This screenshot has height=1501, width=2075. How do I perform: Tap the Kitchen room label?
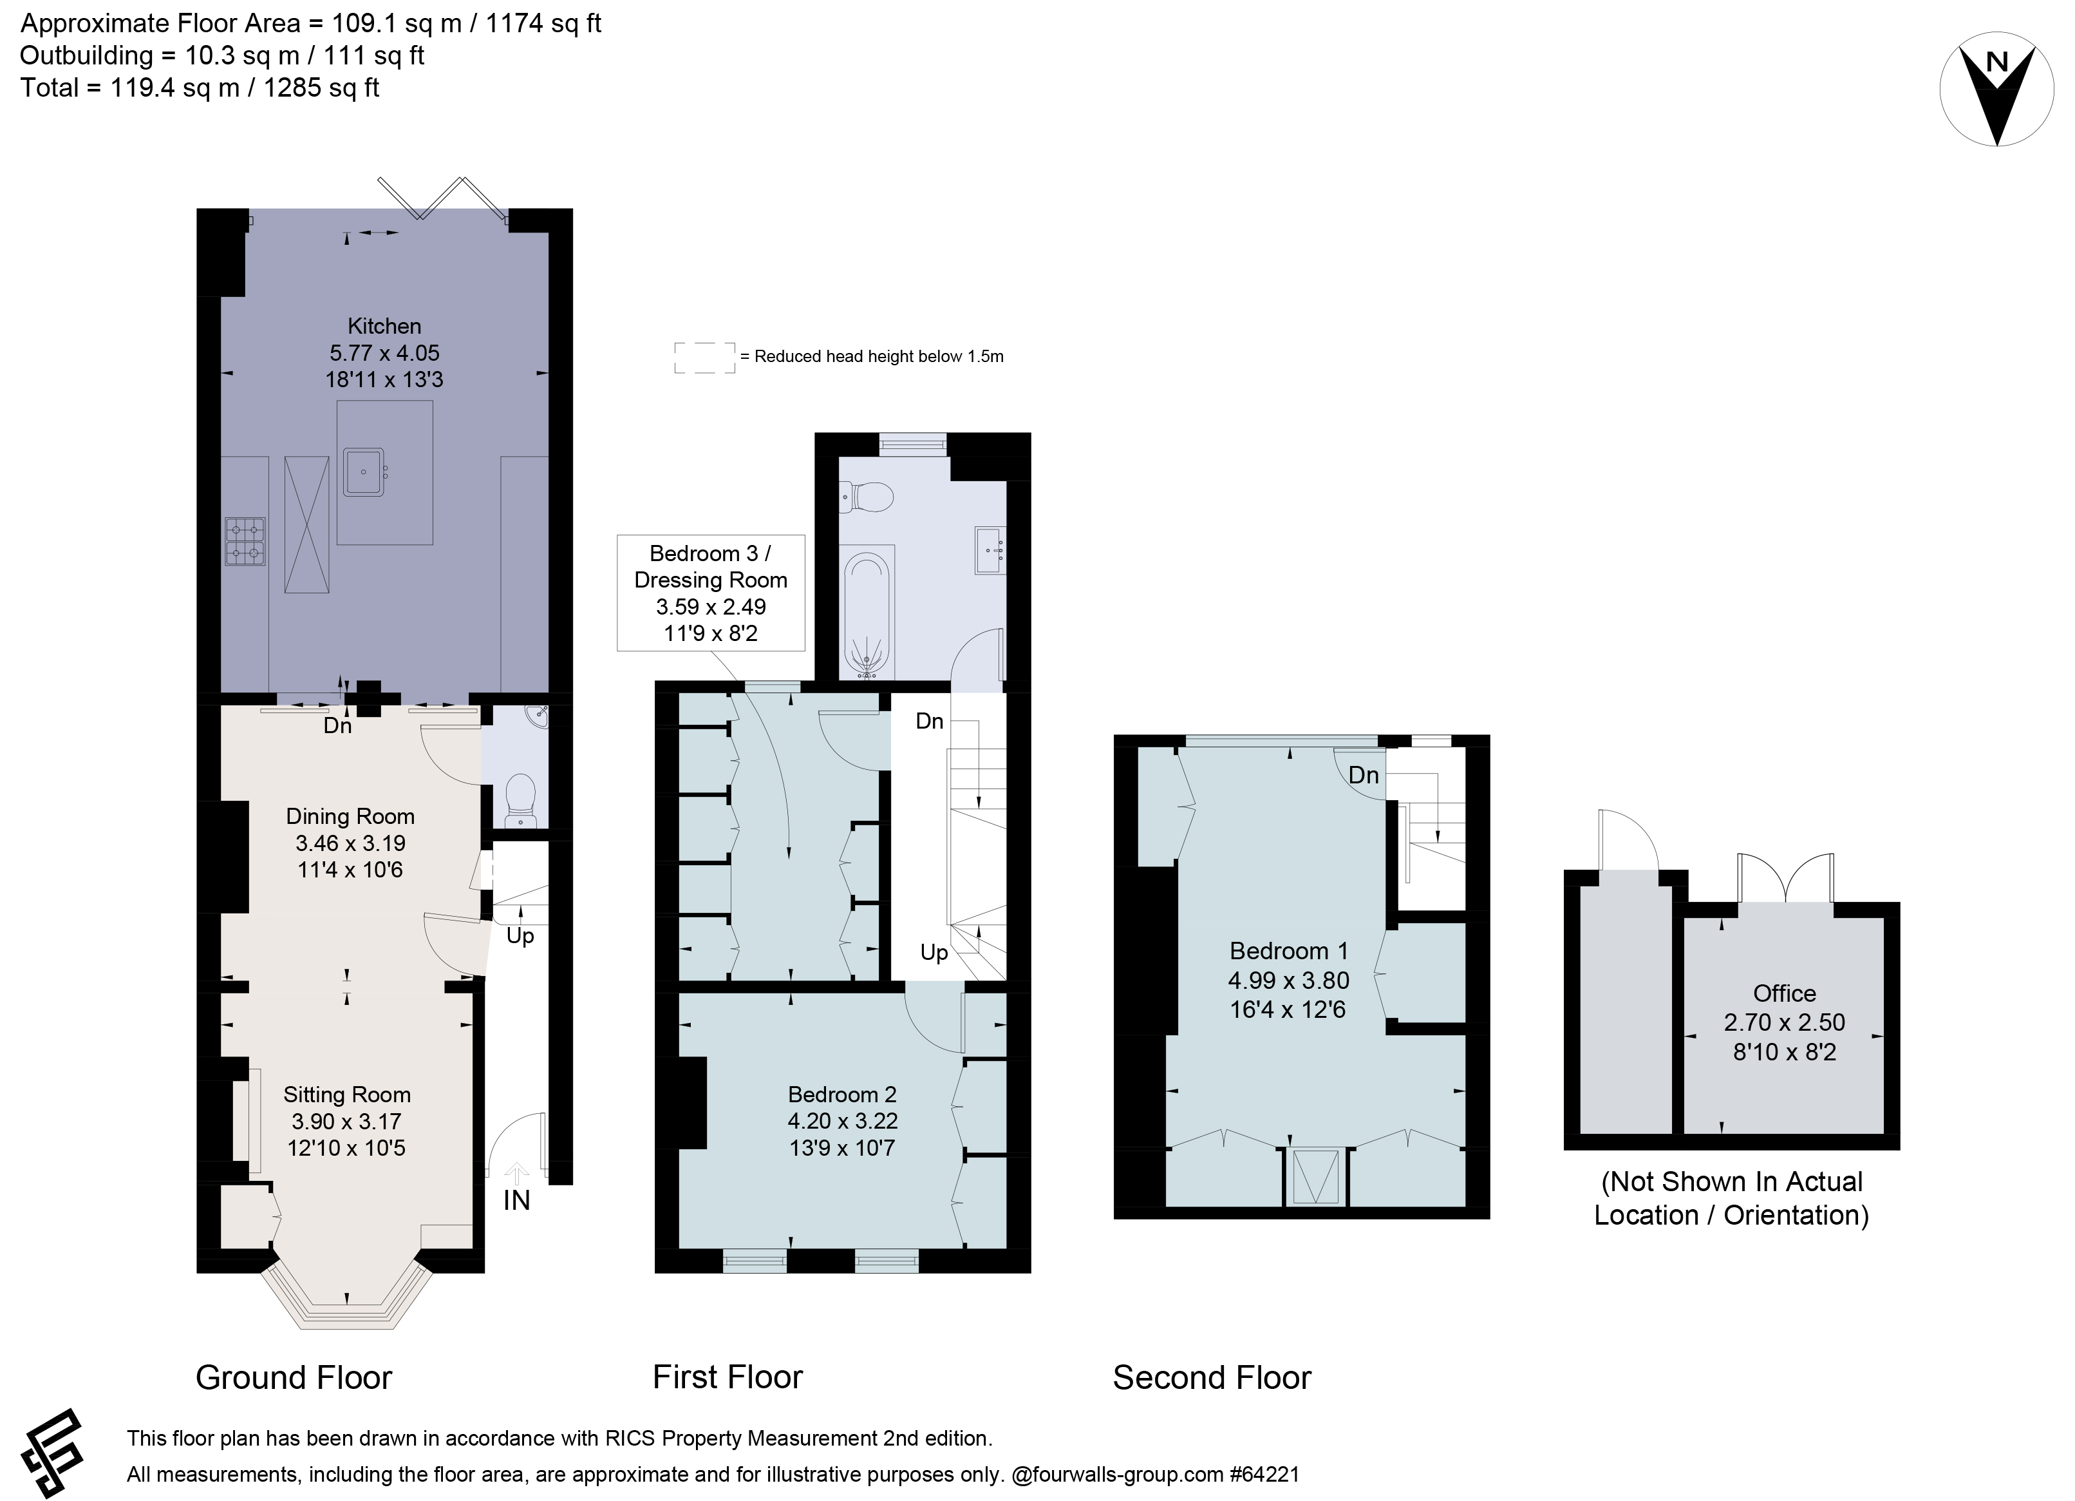pyautogui.click(x=384, y=326)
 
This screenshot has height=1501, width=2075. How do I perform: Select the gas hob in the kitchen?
pyautogui.click(x=245, y=541)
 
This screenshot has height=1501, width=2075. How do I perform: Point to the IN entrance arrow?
pyautogui.click(x=517, y=1174)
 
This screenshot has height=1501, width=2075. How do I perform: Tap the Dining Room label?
pyautogui.click(x=350, y=816)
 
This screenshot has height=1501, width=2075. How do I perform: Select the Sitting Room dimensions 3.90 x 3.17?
pyautogui.click(x=347, y=1121)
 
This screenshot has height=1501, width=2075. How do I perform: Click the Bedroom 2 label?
pyautogui.click(x=841, y=1094)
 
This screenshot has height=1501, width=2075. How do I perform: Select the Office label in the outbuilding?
pyautogui.click(x=1784, y=993)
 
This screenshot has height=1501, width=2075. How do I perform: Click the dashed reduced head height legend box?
pyautogui.click(x=704, y=357)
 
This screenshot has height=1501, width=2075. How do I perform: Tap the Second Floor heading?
pyautogui.click(x=1212, y=1377)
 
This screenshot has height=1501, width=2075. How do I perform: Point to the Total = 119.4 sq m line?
pyautogui.click(x=200, y=88)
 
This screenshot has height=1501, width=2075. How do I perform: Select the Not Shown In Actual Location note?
pyautogui.click(x=1731, y=1198)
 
